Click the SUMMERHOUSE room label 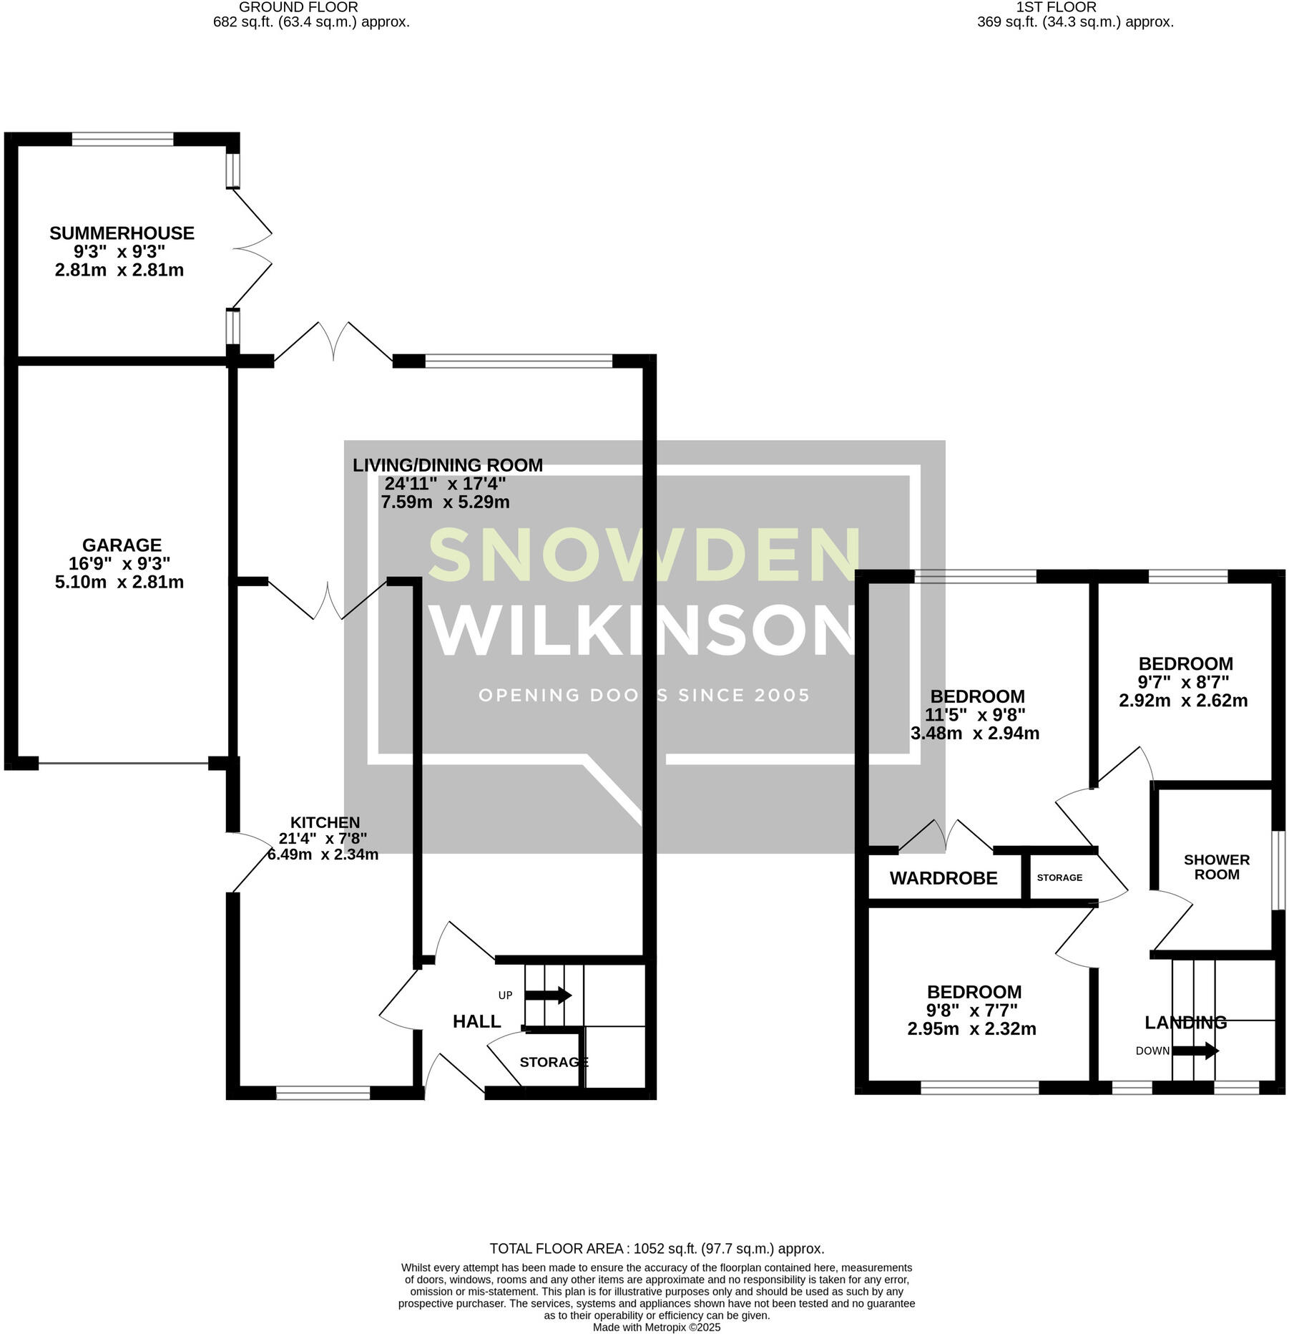122,233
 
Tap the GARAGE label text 122,545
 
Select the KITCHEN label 325,823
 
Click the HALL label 476,1022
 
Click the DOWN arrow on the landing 1195,1051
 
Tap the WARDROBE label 943,879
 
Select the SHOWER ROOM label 1216,867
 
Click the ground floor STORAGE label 553,1063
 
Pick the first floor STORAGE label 1059,877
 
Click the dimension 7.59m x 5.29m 445,502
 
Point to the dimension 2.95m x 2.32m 971,1030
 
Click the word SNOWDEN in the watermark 644,555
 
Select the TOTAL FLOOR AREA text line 656,1249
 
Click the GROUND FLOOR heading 298,7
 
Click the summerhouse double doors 252,248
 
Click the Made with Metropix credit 656,1328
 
